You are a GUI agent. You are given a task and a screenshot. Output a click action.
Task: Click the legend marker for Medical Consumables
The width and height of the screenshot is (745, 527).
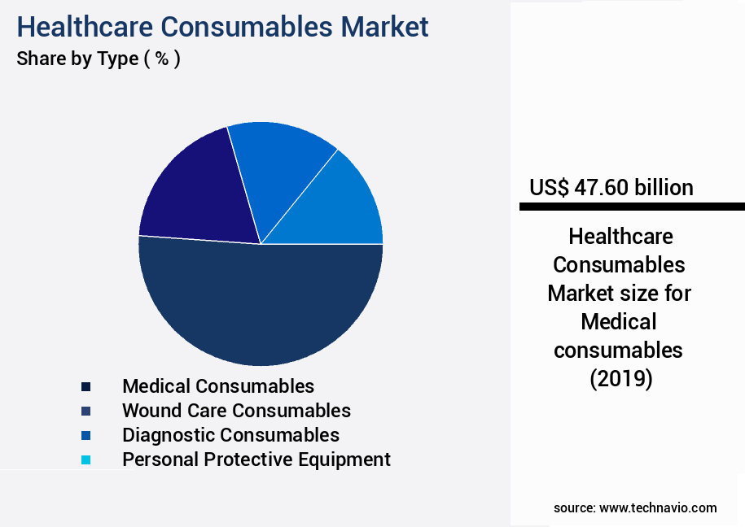pos(86,386)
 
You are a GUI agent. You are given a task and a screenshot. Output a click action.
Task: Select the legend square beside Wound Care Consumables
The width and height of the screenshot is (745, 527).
pos(86,411)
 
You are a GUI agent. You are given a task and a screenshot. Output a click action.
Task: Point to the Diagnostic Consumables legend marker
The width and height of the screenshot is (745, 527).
pos(86,435)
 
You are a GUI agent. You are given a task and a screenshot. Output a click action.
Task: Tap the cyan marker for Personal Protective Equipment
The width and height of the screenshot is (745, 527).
pos(86,459)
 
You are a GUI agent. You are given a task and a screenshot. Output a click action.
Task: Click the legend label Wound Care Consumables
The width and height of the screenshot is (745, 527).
pos(236,411)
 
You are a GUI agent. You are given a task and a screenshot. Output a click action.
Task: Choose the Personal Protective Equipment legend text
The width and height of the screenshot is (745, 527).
pos(256,459)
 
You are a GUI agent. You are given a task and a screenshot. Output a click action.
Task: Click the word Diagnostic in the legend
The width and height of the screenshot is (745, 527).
pos(169,435)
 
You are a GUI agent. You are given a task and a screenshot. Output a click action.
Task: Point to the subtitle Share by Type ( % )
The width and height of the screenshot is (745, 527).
pos(99,59)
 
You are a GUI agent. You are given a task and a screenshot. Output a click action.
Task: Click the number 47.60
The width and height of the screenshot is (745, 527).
pos(601,188)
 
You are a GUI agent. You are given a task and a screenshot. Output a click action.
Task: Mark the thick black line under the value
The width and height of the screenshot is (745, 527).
pos(632,207)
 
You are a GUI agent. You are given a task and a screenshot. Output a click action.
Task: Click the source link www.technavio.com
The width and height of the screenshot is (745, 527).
pos(658,507)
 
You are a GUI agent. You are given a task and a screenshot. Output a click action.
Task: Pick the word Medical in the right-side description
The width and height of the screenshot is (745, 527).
pos(619,322)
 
